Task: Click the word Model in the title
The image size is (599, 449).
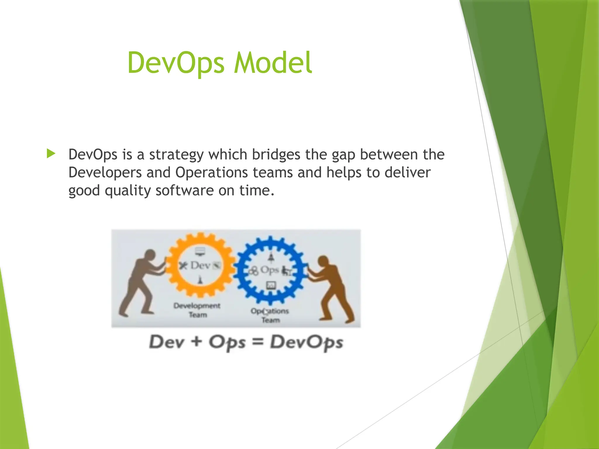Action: click(x=273, y=63)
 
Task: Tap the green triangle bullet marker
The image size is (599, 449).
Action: click(x=51, y=153)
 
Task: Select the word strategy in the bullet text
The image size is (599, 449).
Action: click(x=176, y=155)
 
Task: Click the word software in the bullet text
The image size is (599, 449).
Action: click(x=185, y=191)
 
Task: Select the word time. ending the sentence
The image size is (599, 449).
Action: click(x=257, y=191)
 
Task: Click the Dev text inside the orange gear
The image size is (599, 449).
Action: click(x=200, y=265)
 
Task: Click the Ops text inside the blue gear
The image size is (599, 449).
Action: click(x=269, y=270)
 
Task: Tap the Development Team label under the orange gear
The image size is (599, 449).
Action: click(x=197, y=310)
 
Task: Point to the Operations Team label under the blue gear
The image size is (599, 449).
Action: click(x=270, y=315)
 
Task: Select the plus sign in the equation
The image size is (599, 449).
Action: click(x=197, y=341)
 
